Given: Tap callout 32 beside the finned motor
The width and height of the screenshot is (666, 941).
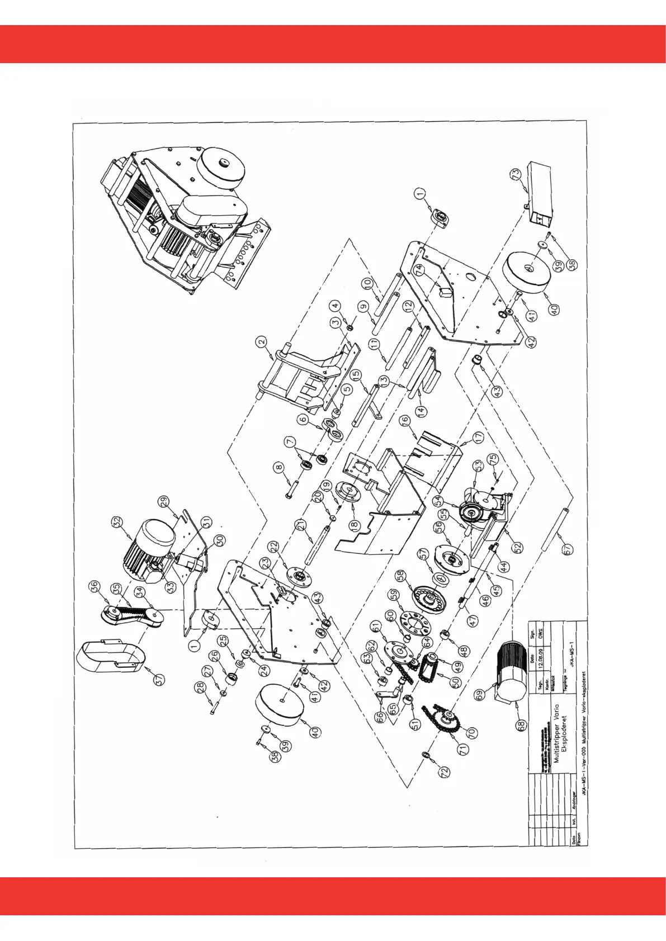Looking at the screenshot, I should click(117, 522).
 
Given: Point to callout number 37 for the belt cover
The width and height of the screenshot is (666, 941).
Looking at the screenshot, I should click(160, 679).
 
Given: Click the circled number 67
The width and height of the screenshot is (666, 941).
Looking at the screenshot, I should click(568, 549).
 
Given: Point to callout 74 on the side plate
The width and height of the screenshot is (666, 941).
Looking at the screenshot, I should click(419, 269).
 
